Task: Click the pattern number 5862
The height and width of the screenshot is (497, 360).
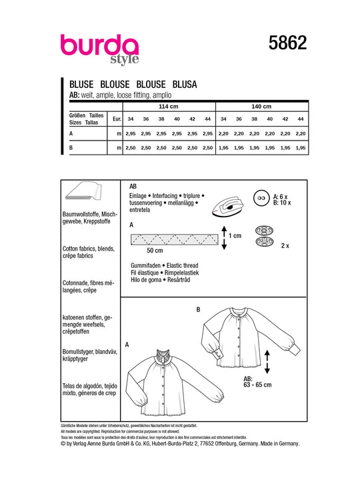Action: click(288, 43)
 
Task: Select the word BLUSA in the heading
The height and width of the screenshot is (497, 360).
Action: click(185, 85)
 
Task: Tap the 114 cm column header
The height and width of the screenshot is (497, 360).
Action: click(169, 107)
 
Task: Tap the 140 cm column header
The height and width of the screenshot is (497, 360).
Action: click(261, 107)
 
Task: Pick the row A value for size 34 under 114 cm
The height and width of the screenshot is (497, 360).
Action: click(131, 134)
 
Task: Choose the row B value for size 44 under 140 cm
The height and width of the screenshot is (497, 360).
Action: click(301, 148)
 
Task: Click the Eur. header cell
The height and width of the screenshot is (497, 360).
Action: click(117, 119)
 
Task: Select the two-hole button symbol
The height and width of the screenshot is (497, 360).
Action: click(261, 198)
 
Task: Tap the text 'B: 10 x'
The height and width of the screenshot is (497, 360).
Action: click(282, 203)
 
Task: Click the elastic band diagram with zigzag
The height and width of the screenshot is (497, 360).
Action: click(175, 239)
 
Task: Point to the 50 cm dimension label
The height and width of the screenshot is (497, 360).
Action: click(155, 250)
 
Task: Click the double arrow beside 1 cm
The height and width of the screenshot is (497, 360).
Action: click(224, 238)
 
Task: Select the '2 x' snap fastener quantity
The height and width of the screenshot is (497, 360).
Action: click(285, 246)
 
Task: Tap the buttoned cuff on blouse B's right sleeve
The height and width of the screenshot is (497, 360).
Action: click(294, 350)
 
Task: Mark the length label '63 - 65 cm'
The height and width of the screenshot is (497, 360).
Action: click(257, 385)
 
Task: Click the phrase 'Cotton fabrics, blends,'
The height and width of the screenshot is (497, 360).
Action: click(89, 248)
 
